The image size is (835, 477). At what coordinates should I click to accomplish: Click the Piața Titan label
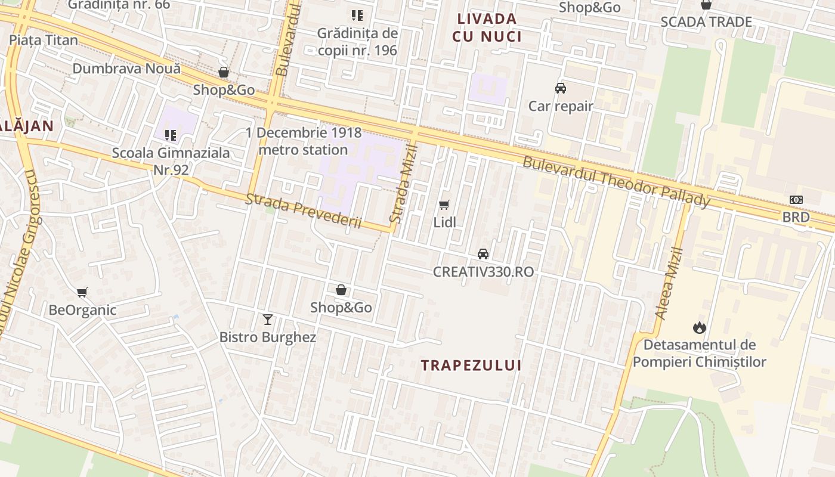pyautogui.click(x=44, y=40)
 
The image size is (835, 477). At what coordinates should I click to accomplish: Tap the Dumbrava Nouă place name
pyautogui.click(x=126, y=69)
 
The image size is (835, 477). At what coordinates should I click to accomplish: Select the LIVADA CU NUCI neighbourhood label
pyautogui.click(x=487, y=27)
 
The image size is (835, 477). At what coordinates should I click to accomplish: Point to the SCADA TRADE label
pyautogui.click(x=706, y=22)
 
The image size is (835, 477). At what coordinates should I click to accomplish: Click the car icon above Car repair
pyautogui.click(x=560, y=89)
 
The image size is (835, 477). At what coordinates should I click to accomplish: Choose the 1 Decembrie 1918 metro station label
pyautogui.click(x=304, y=141)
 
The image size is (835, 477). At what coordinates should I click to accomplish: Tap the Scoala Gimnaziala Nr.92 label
pyautogui.click(x=171, y=161)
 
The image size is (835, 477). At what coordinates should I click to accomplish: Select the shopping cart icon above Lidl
pyautogui.click(x=444, y=205)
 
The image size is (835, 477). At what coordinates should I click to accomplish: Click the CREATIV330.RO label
pyautogui.click(x=483, y=272)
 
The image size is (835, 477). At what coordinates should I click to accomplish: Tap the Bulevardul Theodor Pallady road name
pyautogui.click(x=616, y=182)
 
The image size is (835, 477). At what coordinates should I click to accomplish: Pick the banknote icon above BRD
pyautogui.click(x=796, y=200)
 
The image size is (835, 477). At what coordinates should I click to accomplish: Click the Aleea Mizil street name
pyautogui.click(x=668, y=283)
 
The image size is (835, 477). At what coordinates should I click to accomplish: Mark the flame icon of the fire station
pyautogui.click(x=699, y=327)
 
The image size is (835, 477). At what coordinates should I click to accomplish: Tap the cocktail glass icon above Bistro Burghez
pyautogui.click(x=268, y=320)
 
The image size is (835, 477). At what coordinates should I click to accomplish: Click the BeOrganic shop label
pyautogui.click(x=82, y=310)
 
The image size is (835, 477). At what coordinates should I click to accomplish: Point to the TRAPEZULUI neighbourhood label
pyautogui.click(x=471, y=366)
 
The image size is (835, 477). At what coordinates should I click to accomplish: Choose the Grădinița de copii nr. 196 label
pyautogui.click(x=357, y=42)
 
